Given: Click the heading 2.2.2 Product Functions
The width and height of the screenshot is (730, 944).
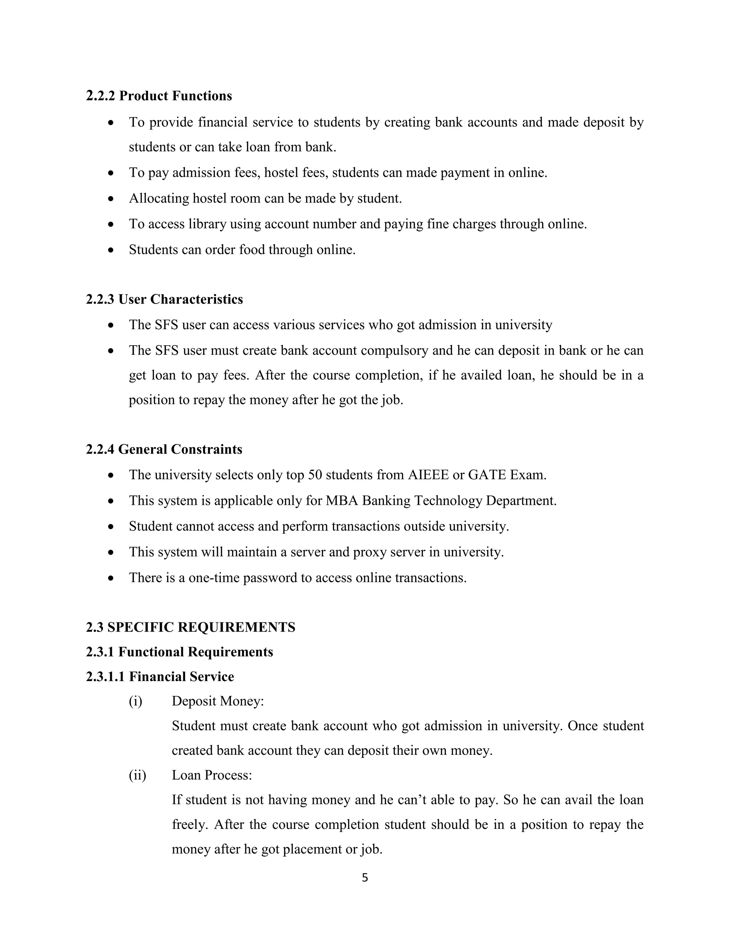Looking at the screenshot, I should (x=159, y=96).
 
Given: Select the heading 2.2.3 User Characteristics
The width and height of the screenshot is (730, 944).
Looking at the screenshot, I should (x=164, y=300).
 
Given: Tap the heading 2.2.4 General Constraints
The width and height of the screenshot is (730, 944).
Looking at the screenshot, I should (x=164, y=450).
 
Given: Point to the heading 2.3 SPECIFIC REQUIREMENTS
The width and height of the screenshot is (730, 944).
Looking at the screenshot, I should (x=190, y=627).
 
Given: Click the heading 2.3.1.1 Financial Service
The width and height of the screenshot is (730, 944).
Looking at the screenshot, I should (x=160, y=677).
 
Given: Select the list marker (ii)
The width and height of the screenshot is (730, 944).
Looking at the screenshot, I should (x=138, y=776).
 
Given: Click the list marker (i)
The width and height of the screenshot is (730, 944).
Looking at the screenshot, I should (x=135, y=701).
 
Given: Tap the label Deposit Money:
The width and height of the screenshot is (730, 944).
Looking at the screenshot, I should (x=217, y=701).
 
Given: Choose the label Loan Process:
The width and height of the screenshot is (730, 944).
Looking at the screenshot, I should (x=211, y=776).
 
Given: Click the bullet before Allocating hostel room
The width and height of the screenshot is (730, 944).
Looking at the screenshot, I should (x=111, y=199).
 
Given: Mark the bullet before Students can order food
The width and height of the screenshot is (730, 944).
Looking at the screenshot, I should (x=111, y=250).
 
